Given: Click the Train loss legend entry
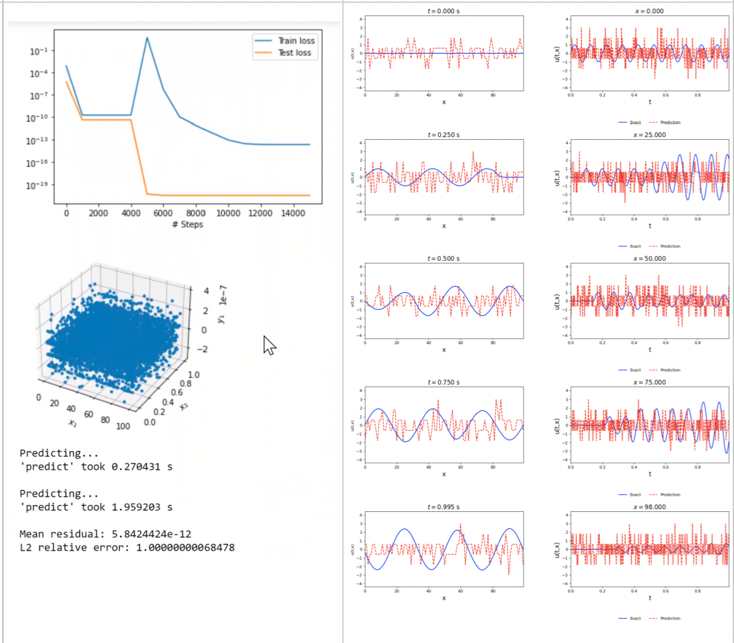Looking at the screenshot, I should (296, 41).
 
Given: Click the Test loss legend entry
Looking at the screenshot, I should (294, 53).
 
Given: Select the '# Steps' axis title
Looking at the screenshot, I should (187, 224).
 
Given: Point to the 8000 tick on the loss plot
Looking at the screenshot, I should (195, 213).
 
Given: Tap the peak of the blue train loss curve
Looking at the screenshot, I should (147, 38).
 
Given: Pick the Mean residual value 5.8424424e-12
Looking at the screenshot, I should (151, 534).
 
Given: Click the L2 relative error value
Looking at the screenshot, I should (185, 548).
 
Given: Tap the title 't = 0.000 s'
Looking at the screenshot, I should (443, 11).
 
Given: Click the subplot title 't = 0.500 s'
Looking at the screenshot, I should (443, 259).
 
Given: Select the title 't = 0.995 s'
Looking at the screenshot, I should (443, 507).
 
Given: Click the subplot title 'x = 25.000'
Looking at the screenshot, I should (649, 135).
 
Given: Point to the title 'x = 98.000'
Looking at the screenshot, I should (649, 507).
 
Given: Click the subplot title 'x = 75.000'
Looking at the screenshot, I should (649, 382).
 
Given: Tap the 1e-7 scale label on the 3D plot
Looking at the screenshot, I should (223, 295).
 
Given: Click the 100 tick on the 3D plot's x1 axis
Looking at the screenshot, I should (123, 426).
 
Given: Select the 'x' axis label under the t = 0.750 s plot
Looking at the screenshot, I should (444, 474).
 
